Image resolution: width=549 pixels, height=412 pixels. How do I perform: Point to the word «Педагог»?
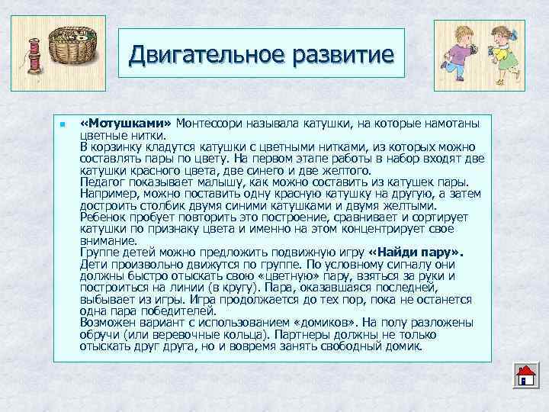(x=101, y=184)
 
